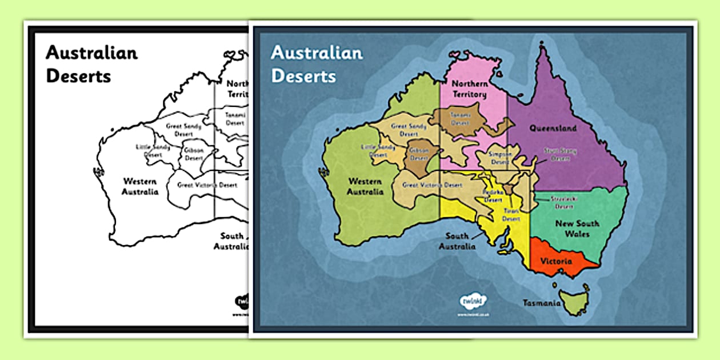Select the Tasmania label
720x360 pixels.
[541, 303]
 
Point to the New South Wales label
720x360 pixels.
[577, 228]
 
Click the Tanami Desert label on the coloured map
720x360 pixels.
[459, 119]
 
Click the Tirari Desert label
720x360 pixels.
[511, 215]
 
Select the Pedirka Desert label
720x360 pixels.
[493, 196]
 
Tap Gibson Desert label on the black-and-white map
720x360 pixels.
[194, 154]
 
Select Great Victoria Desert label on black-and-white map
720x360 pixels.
[207, 185]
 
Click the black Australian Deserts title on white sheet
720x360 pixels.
[91, 64]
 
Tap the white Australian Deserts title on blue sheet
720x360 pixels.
[317, 64]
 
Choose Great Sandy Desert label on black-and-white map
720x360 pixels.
[183, 130]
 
